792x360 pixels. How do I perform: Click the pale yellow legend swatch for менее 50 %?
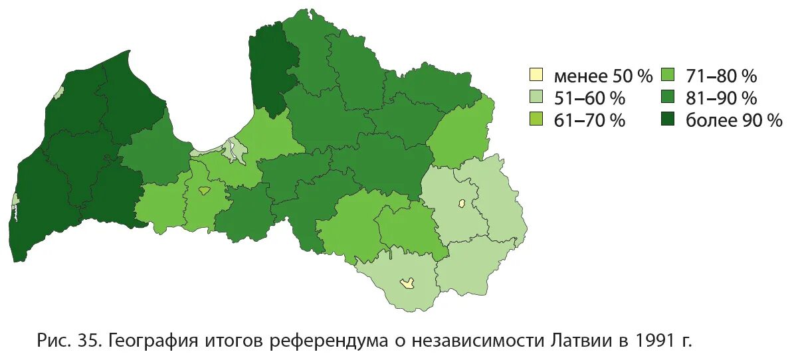tap(536, 75)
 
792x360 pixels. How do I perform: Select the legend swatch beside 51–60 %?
tap(536, 98)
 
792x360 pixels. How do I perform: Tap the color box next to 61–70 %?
tap(536, 120)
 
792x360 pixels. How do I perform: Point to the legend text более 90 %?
tap(734, 121)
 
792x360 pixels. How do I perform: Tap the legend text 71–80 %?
tap(722, 76)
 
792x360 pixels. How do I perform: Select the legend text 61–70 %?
tap(589, 121)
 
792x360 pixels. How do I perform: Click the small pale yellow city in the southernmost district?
tap(407, 284)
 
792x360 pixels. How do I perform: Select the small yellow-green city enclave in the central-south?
tap(205, 191)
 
